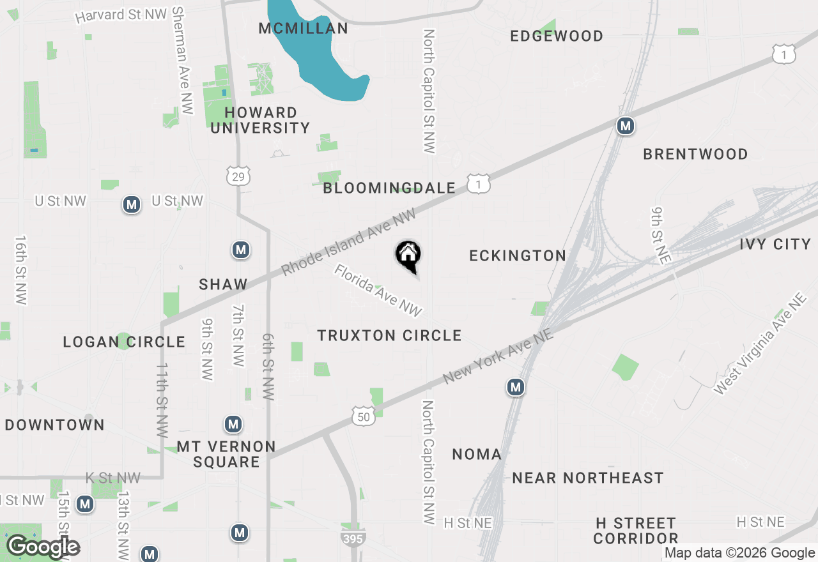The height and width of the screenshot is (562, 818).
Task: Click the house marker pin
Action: coord(408,255)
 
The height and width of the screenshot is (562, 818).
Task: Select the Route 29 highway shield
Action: coord(238,176)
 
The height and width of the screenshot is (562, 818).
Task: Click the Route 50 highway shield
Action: coord(363,417)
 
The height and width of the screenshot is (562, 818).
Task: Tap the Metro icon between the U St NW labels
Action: coord(132,204)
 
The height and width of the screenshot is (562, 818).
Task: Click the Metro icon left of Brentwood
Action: coord(625,126)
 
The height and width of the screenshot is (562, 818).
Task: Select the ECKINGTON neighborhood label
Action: coord(518,255)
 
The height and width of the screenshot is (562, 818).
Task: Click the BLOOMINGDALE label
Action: coord(389,188)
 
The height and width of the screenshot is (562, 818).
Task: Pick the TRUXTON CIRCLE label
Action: coord(389,335)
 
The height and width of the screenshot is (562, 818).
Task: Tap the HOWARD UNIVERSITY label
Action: coord(260,120)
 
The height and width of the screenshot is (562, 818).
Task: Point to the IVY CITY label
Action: coord(775,244)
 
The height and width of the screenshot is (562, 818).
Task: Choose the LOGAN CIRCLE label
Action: coord(124,342)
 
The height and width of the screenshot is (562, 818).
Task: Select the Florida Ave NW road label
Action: coord(378,290)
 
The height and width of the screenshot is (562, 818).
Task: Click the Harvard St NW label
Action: coord(121,15)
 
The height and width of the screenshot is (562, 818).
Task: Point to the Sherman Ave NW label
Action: coord(182,61)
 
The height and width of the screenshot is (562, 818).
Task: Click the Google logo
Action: coord(43,547)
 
